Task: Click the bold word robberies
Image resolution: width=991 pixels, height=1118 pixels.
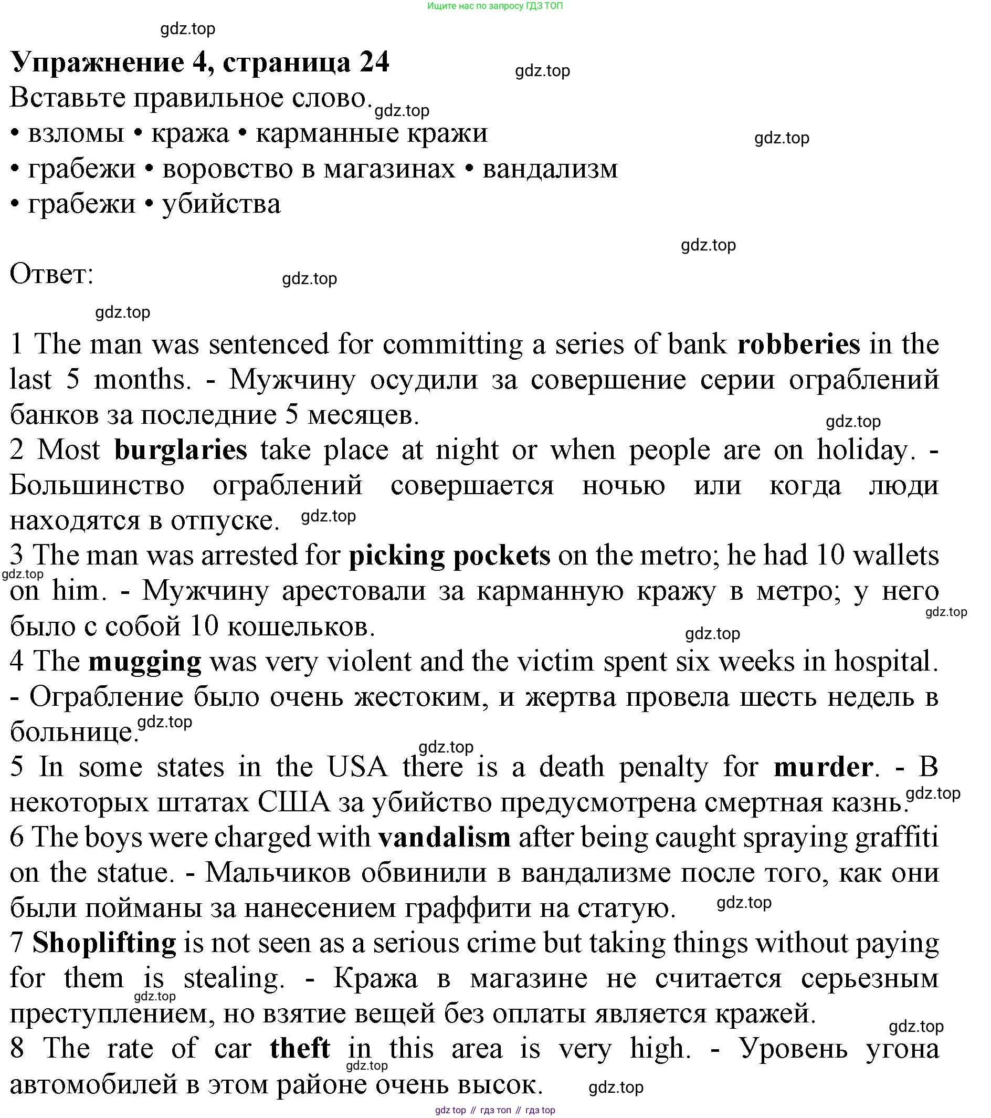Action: tap(798, 344)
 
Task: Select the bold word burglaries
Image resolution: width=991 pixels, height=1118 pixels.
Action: tap(181, 451)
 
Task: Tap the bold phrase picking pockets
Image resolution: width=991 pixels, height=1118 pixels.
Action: tap(449, 556)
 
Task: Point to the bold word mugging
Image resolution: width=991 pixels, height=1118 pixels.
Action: tap(145, 662)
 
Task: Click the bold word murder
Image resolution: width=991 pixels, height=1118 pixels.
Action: tap(823, 767)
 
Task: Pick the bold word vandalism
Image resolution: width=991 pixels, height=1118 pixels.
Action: tap(445, 838)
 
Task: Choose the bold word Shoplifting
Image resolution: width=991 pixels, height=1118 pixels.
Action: tap(104, 943)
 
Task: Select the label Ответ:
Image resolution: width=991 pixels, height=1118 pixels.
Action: tap(52, 274)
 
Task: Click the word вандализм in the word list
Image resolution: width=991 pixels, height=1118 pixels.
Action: tap(550, 169)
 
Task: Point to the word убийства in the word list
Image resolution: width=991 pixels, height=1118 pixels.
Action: tap(221, 204)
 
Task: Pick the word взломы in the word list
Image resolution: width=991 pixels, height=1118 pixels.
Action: tap(76, 133)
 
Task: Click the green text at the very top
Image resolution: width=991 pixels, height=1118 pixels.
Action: tap(494, 6)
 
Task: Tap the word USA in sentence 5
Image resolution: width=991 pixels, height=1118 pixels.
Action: tap(357, 767)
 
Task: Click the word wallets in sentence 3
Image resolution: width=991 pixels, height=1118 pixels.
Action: tap(896, 556)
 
